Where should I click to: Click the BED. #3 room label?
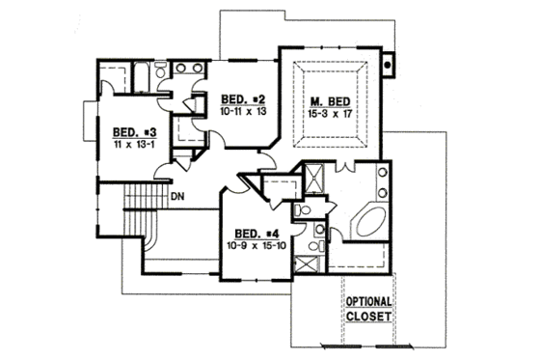(128, 132)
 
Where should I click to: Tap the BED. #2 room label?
(237, 99)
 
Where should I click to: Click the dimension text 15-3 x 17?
(329, 114)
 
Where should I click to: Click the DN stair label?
(177, 198)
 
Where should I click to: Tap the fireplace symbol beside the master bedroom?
(387, 66)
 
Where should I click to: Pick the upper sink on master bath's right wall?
(382, 174)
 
